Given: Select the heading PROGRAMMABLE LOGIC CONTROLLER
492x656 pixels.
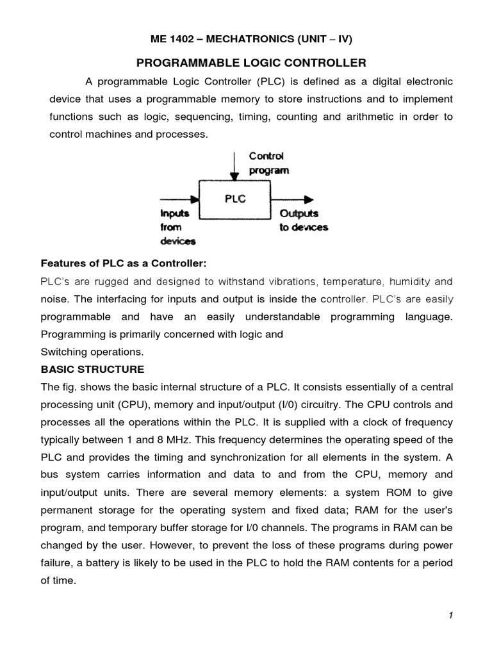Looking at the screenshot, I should (251, 63).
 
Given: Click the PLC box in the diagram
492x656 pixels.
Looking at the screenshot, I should (235, 199).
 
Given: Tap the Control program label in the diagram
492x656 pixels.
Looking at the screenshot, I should (268, 163).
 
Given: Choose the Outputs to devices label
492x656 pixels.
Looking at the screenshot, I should (303, 221).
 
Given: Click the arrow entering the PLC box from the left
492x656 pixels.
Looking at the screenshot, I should (179, 199).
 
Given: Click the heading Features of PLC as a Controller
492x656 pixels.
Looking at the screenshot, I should (125, 263).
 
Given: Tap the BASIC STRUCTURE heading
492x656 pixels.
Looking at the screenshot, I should (92, 370).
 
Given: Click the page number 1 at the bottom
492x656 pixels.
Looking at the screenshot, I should (451, 616).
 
